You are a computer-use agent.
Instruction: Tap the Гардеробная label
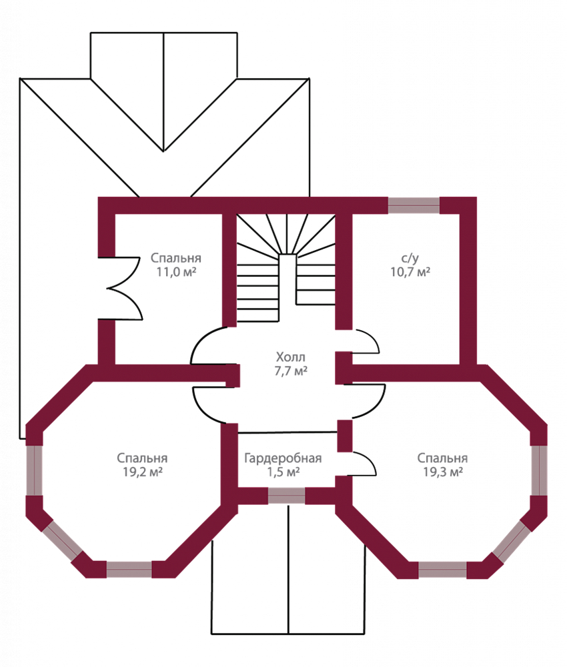pyautogui.click(x=283, y=459)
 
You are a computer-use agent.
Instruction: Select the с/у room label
pyautogui.click(x=410, y=258)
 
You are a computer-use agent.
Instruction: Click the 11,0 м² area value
pyautogui.click(x=175, y=272)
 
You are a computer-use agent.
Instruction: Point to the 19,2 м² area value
pyautogui.click(x=142, y=473)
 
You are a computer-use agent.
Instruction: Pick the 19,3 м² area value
pyautogui.click(x=442, y=473)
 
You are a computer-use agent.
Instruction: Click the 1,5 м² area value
pyautogui.click(x=283, y=473)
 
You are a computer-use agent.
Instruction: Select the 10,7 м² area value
pyautogui.click(x=410, y=272)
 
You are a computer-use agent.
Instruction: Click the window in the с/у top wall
pyautogui.click(x=414, y=205)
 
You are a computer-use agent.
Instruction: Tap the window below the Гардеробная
pyautogui.click(x=286, y=496)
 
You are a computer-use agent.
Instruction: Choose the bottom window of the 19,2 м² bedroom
pyautogui.click(x=129, y=570)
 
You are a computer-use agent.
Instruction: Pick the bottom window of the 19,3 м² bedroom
pyautogui.click(x=442, y=570)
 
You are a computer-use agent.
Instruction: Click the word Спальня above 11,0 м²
pyautogui.click(x=175, y=258)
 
